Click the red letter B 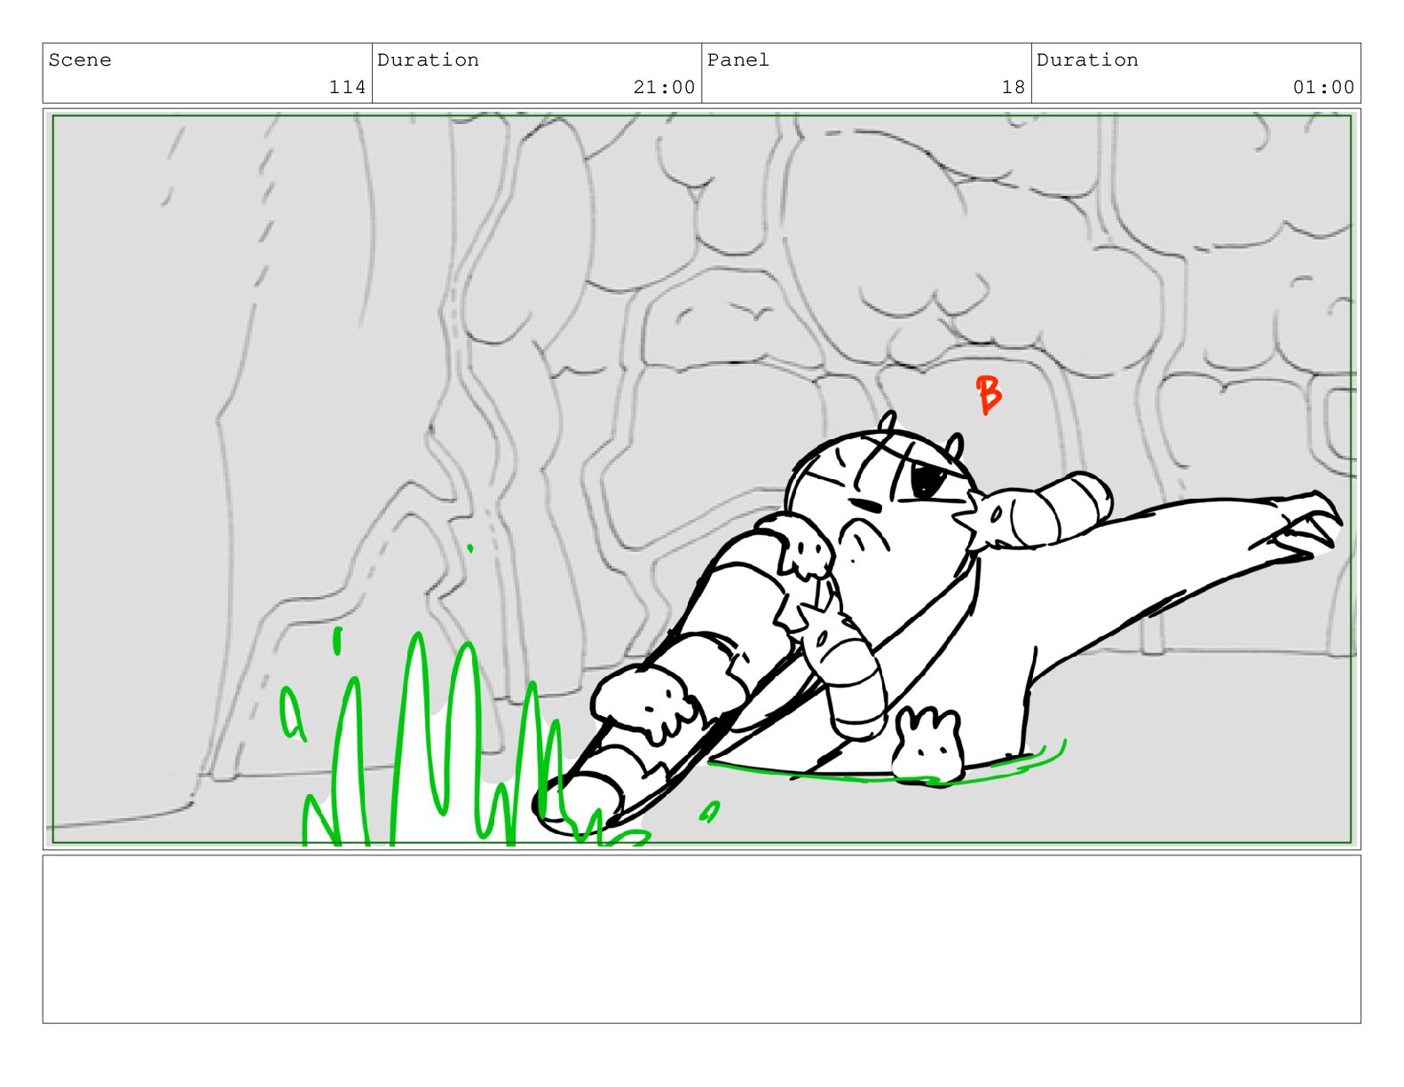pos(987,395)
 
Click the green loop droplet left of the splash pos(291,713)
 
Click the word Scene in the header pos(80,60)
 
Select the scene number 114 pos(348,87)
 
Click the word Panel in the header pos(737,60)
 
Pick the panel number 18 pos(1014,87)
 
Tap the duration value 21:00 pos(664,87)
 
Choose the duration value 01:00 pos(1323,87)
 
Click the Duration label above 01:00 pos(1087,60)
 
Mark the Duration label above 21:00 pos(429,60)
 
